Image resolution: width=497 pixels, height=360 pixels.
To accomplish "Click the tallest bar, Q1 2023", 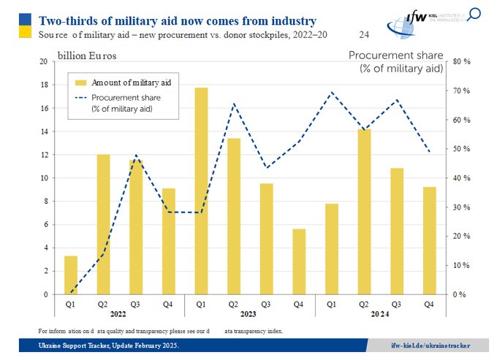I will (x=201, y=191).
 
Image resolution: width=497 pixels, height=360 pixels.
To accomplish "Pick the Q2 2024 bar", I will (x=363, y=212).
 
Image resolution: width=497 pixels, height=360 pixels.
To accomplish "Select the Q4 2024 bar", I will (x=429, y=240).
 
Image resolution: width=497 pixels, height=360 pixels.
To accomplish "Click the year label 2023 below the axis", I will (x=249, y=315).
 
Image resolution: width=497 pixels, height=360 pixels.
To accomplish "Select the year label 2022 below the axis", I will (x=119, y=315).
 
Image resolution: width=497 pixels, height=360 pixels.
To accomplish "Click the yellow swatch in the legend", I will (x=80, y=83).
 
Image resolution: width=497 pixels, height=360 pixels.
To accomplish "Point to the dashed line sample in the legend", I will (x=80, y=97).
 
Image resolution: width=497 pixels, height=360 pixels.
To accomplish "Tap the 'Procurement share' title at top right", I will (x=395, y=55).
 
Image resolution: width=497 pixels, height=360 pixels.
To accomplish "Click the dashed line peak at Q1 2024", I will (x=331, y=92).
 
